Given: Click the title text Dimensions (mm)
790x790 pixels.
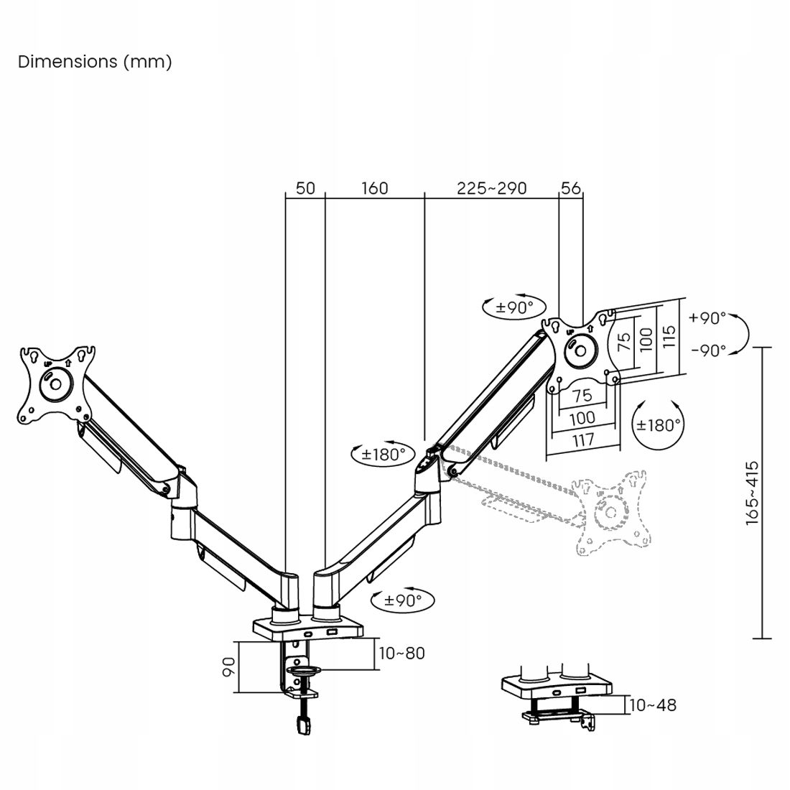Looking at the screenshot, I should click(x=95, y=62).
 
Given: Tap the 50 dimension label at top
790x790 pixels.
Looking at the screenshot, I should click(x=305, y=188).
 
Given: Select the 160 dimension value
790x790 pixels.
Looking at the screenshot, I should click(x=374, y=188).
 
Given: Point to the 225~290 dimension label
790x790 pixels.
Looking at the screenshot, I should click(x=492, y=188).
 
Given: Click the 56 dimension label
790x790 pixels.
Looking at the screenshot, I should click(x=571, y=188).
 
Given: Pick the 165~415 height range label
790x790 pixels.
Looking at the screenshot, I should click(x=752, y=493).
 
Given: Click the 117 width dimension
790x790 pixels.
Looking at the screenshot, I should click(x=582, y=439).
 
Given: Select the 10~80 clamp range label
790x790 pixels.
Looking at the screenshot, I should click(x=402, y=654).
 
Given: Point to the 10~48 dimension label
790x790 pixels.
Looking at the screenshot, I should click(x=653, y=705).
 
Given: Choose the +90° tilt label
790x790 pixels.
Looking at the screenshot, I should click(x=707, y=317).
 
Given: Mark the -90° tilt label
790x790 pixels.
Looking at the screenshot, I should click(x=708, y=350).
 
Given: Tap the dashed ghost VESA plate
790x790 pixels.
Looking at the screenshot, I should click(x=610, y=511).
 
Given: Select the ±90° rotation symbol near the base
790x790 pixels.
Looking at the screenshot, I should click(x=402, y=600).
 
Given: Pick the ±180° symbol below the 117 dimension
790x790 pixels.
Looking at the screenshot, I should click(x=657, y=425).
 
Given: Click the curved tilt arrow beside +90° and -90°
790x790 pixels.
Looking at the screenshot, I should click(x=745, y=334).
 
